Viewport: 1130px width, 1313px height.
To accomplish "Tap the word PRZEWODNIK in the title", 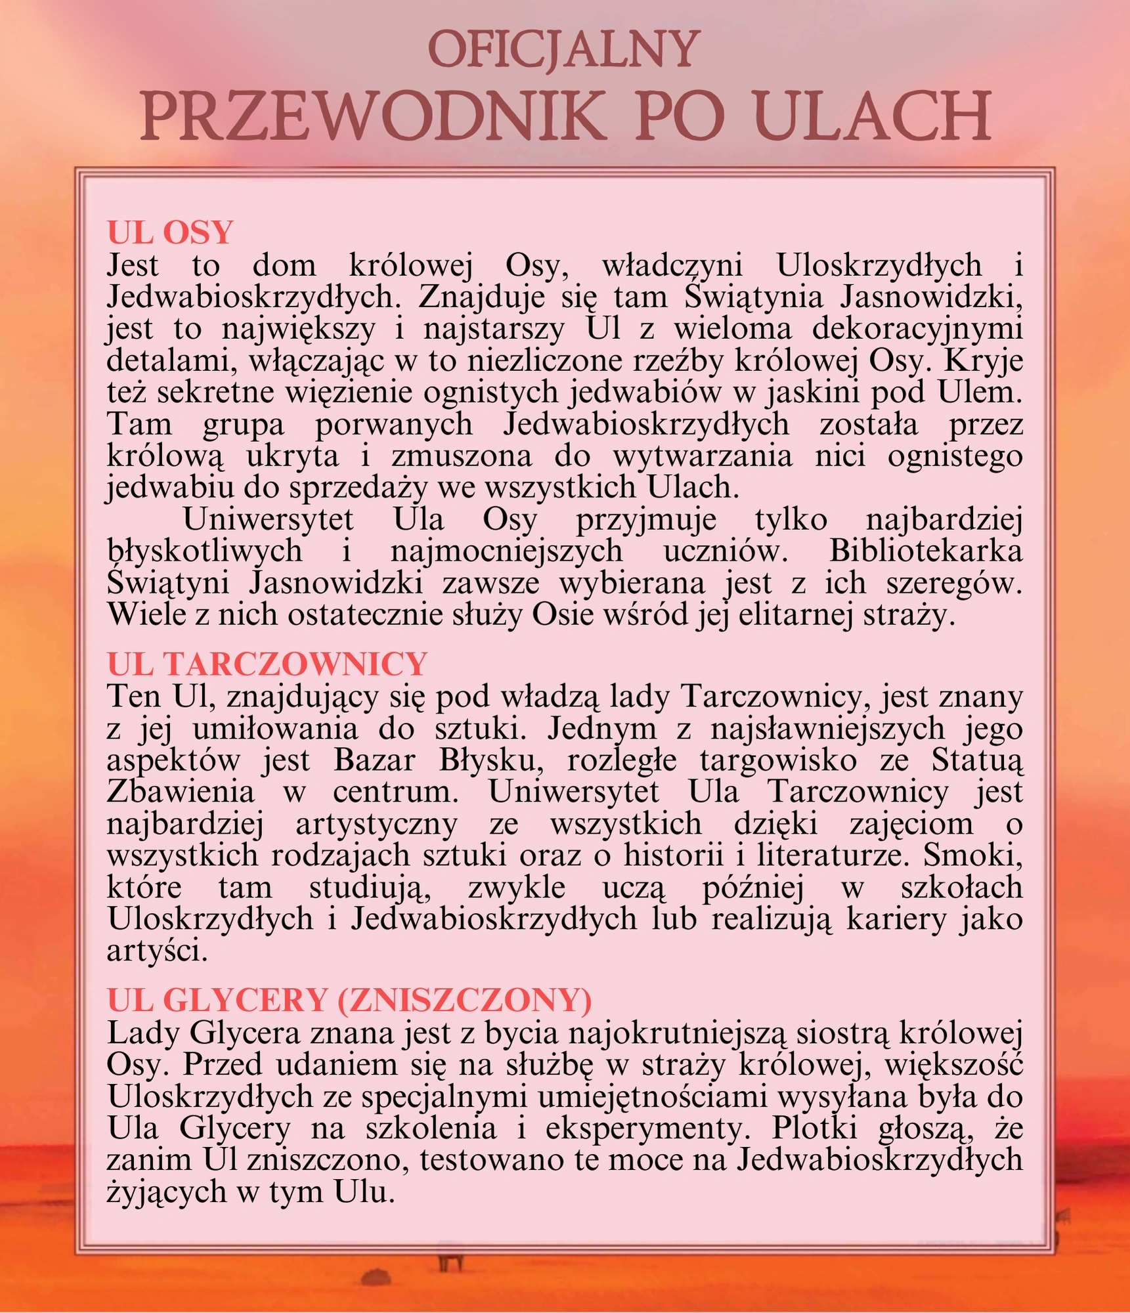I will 373,117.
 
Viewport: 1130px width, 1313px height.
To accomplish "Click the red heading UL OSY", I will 170,232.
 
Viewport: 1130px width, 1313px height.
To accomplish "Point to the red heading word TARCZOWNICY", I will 295,664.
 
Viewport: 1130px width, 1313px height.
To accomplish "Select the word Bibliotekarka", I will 926,550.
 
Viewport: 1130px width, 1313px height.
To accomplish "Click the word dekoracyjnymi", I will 917,328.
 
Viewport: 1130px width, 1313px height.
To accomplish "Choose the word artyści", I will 157,951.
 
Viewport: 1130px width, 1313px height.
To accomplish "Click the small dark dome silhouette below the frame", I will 376,1277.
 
